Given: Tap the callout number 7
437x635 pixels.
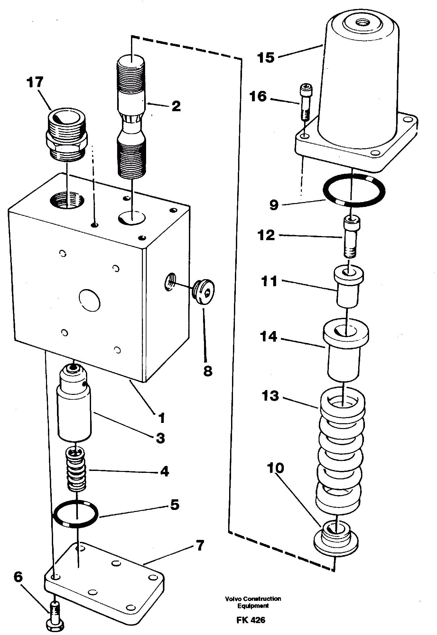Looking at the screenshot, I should (200, 546).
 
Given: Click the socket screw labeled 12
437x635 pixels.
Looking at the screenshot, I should (352, 237).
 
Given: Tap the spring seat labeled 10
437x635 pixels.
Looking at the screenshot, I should (336, 539).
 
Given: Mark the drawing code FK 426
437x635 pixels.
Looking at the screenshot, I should (251, 620).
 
